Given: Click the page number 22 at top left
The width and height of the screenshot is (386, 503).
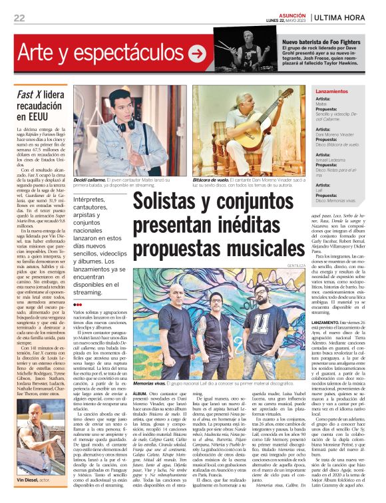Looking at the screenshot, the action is [19, 17].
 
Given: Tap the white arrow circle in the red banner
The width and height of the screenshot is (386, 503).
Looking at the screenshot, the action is [197, 54].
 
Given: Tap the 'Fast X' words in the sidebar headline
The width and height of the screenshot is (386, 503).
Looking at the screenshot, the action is [31, 94].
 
